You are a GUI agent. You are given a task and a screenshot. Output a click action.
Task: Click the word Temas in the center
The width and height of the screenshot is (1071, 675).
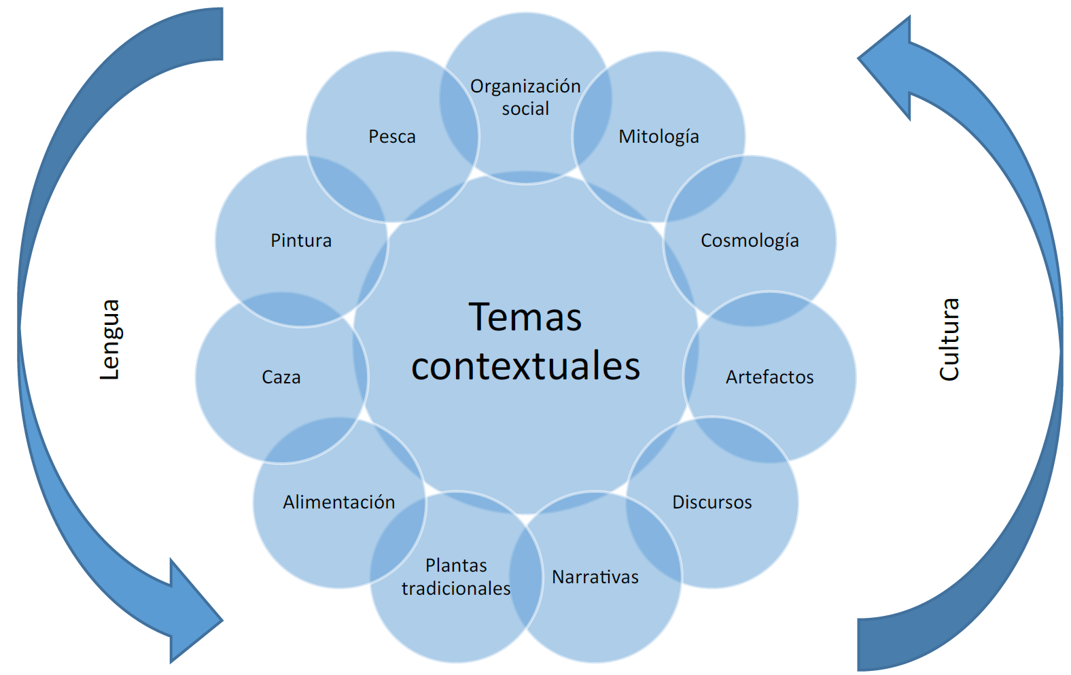coord(525,317)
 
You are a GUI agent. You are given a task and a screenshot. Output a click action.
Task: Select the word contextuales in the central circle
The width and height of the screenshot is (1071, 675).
coord(525,366)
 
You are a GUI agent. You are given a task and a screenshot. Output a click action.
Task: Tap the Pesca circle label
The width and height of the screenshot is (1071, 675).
coord(392,137)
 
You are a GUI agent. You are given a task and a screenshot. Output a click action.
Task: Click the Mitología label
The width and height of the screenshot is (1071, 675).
coord(659,137)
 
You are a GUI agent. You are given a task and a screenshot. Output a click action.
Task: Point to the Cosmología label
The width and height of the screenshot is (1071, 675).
coord(750,241)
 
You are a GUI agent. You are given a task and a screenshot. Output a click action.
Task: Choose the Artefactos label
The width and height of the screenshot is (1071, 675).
coord(769,377)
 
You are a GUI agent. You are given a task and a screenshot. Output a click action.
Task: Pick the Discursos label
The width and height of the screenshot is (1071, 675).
coord(712,502)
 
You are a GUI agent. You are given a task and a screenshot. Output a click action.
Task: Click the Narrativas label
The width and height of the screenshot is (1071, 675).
coord(595,577)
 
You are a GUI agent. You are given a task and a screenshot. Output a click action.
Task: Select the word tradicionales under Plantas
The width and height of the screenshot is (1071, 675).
coord(456,589)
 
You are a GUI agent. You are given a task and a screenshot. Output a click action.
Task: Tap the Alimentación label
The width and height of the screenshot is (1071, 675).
coord(338,502)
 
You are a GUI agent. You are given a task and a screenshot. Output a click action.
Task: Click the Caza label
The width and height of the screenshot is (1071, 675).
coord(281,377)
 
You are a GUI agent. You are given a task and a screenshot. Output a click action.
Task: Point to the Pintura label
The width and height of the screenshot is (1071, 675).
coord(301,241)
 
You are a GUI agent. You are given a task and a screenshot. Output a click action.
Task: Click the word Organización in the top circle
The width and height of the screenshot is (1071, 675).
coord(525,86)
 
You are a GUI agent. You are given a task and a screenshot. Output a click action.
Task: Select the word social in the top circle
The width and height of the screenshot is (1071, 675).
coord(525,109)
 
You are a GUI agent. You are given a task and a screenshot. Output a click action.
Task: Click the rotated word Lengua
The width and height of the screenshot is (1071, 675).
coord(109,339)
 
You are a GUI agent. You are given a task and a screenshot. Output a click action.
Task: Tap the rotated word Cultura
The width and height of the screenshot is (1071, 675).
coord(949,339)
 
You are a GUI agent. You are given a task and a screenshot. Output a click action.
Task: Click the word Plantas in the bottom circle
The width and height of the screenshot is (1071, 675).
coord(456,566)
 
